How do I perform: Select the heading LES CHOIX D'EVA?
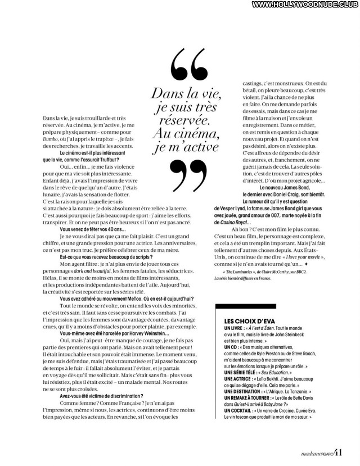[x=244, y=320]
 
